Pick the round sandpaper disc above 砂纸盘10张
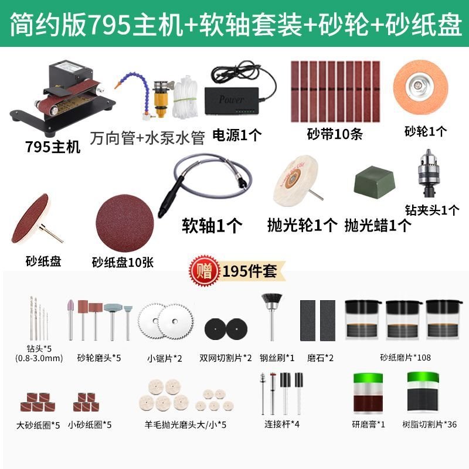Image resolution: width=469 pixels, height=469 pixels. tap(125, 223)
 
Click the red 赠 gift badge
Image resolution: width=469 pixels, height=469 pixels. tap(205, 271)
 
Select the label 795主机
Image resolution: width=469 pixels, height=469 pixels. tap(53, 147)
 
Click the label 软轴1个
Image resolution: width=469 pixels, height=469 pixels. tap(212, 225)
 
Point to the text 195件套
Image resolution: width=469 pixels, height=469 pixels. tap(250, 271)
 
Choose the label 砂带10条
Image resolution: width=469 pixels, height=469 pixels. tap(335, 134)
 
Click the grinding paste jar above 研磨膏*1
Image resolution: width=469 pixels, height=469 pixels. tap(368, 393)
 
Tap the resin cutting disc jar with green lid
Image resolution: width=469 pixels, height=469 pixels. tap(423, 392)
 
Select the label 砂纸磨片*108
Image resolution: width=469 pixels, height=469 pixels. tap(405, 358)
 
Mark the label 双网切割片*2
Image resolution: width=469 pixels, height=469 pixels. tap(226, 358)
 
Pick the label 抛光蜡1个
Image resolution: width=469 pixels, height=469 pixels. tap(378, 225)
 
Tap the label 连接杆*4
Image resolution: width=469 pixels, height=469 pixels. tap(282, 424)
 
